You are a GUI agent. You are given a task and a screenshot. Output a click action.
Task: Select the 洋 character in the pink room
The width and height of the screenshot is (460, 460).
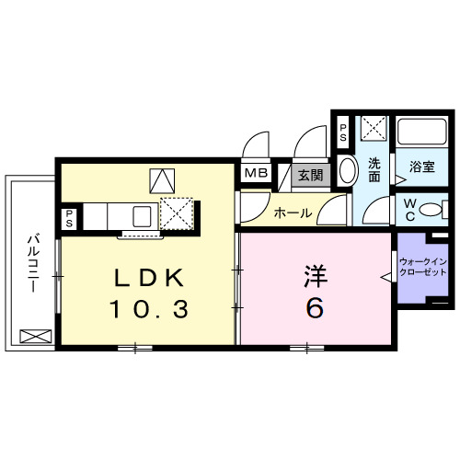(x=315, y=277)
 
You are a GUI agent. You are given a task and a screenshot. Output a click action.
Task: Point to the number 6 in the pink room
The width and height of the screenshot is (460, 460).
(x=315, y=309)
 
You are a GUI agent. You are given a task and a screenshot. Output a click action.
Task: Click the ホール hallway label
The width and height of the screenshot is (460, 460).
(x=291, y=213)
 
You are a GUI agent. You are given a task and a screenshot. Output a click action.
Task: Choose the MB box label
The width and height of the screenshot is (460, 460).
(x=254, y=173)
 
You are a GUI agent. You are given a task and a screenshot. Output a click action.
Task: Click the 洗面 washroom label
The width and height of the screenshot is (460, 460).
(x=375, y=169)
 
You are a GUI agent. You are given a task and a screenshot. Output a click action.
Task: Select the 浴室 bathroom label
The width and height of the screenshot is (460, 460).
(x=422, y=167)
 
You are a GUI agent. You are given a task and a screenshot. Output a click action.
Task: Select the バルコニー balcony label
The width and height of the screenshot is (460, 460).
(x=30, y=261)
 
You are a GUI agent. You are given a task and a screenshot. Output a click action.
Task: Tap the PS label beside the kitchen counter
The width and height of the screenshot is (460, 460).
(x=69, y=219)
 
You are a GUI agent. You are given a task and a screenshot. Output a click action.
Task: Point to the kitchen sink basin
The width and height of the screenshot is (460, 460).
(x=143, y=217)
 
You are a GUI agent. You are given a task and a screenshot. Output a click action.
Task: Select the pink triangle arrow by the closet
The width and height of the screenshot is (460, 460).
(x=388, y=274)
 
